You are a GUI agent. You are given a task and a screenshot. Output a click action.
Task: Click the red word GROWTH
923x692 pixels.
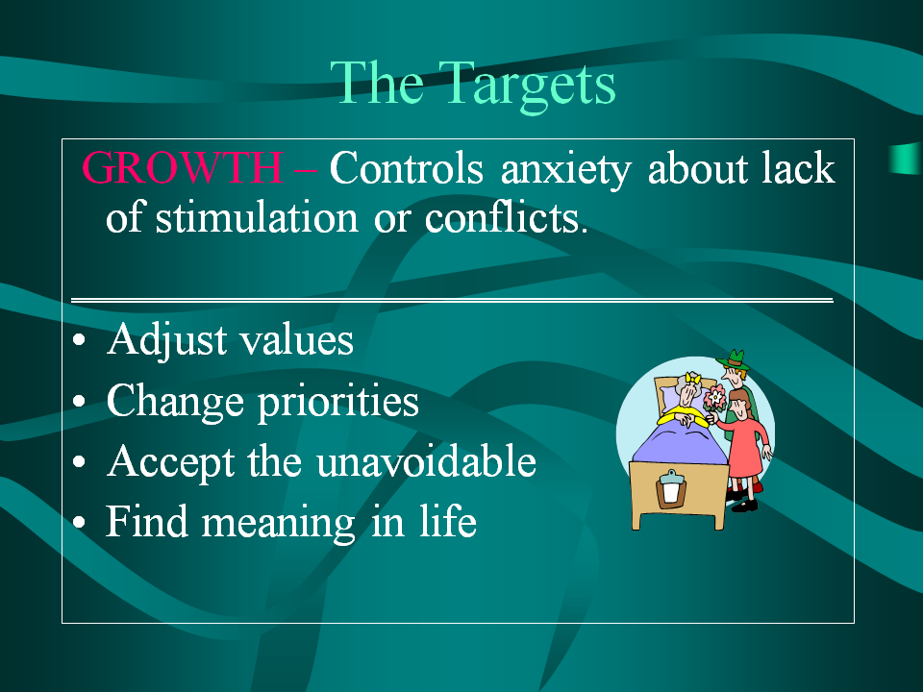[183, 167]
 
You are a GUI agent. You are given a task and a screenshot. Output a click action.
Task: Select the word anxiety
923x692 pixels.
[565, 170]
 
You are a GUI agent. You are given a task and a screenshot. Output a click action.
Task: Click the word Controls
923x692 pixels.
[406, 167]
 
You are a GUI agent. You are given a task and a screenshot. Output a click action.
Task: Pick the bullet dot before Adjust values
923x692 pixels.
[79, 340]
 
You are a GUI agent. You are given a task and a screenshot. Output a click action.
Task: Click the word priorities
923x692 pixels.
[338, 403]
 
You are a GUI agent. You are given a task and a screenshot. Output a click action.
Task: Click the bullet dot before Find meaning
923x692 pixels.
[79, 522]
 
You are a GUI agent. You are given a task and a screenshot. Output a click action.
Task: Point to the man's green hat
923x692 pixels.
[734, 358]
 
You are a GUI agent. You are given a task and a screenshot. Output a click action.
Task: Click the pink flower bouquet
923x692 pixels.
[714, 399]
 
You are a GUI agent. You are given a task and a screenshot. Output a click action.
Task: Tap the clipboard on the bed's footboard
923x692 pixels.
[670, 488]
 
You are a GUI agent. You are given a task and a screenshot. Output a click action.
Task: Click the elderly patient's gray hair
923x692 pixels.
[686, 386]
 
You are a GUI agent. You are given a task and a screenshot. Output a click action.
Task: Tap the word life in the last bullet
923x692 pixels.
[448, 521]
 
